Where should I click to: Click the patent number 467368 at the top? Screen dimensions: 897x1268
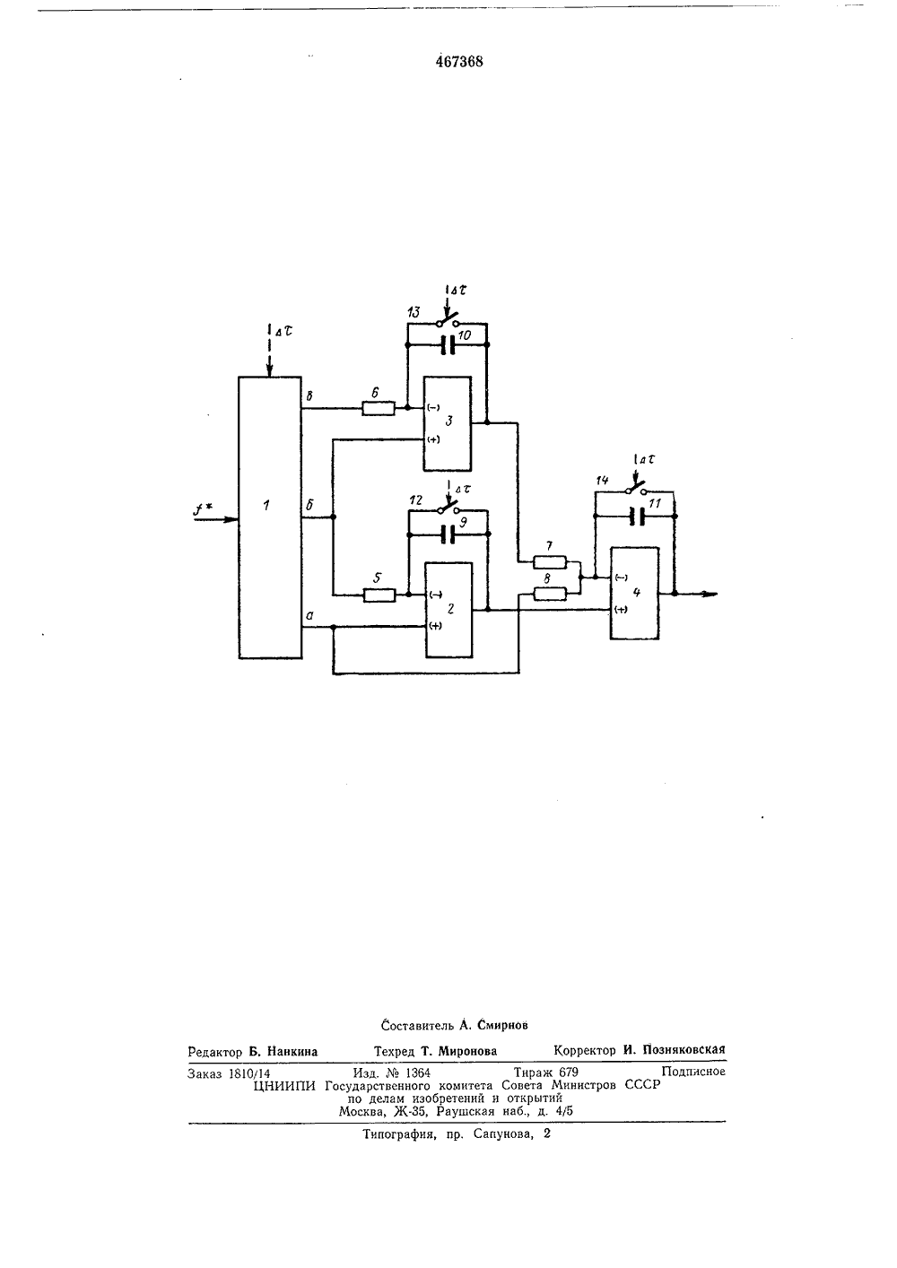click(459, 62)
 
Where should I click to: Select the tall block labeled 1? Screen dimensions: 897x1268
click(270, 517)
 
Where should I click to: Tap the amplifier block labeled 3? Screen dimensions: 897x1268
click(448, 423)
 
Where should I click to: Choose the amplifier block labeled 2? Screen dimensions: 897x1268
click(449, 610)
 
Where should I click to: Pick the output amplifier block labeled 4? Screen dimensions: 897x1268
click(634, 594)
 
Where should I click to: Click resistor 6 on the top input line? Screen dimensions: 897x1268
click(379, 407)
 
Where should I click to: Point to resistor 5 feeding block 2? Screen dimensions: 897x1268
click(379, 595)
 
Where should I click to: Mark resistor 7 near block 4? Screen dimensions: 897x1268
click(549, 562)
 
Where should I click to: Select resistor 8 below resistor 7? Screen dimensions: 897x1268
click(549, 594)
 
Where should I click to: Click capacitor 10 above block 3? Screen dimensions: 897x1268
click(448, 344)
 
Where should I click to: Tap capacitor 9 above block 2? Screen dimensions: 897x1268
click(448, 534)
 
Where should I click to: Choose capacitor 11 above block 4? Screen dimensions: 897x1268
click(637, 517)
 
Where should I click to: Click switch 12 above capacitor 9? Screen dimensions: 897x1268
click(448, 508)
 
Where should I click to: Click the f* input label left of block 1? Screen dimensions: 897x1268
click(202, 509)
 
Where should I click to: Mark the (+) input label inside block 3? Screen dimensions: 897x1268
click(433, 439)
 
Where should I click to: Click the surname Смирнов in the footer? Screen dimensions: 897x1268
click(503, 1025)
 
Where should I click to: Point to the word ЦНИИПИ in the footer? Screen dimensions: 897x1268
click(284, 1085)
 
